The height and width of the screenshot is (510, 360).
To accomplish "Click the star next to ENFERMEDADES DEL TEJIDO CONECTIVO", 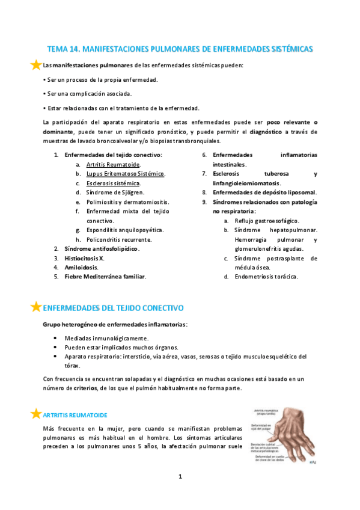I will (x=36, y=307).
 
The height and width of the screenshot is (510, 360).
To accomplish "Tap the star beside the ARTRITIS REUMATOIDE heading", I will (x=36, y=413).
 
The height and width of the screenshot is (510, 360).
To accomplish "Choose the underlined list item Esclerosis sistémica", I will (x=113, y=183).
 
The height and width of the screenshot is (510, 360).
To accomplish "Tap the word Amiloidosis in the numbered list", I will (x=82, y=267).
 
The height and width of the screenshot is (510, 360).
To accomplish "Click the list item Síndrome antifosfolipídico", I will (x=101, y=248).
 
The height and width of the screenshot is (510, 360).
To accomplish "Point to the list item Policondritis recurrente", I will (x=118, y=239).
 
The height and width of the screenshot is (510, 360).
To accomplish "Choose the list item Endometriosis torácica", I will (x=266, y=277).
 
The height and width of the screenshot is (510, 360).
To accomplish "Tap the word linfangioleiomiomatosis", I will (x=246, y=183).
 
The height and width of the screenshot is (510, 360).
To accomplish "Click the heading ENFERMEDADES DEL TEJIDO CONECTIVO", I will (x=113, y=307).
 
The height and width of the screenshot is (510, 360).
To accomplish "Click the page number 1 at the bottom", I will (x=180, y=477).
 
